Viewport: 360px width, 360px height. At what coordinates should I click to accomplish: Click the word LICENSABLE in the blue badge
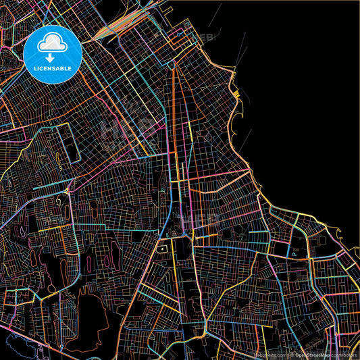[53, 69]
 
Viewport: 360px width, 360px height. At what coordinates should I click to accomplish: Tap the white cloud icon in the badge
[52, 43]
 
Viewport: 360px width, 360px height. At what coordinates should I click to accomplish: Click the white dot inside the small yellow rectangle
[163, 249]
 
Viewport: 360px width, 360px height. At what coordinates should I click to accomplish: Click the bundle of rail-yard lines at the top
[128, 27]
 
